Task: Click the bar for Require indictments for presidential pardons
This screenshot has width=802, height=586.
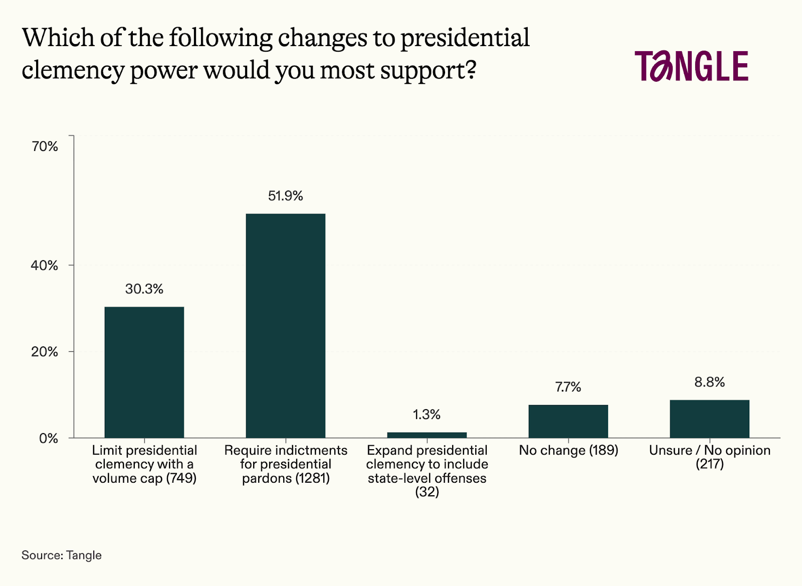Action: (x=285, y=326)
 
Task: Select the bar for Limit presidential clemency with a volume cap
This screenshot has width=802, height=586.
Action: (x=144, y=372)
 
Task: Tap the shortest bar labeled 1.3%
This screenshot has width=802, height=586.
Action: (x=427, y=435)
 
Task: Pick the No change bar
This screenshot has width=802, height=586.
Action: (x=568, y=421)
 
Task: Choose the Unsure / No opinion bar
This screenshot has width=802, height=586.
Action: (x=709, y=419)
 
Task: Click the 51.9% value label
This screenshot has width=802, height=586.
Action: (x=285, y=196)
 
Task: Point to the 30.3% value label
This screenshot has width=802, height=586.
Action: (x=144, y=289)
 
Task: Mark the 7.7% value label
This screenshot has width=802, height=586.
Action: (x=568, y=387)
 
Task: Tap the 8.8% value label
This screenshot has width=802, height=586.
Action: (x=709, y=382)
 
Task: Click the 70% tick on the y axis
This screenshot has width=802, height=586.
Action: (x=45, y=146)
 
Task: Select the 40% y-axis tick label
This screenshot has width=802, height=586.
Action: (x=45, y=266)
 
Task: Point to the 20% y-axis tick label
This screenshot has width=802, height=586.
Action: (x=45, y=352)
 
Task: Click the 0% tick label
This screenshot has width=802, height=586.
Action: (x=49, y=439)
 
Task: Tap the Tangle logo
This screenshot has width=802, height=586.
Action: (x=691, y=66)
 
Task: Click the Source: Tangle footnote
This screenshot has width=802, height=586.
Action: (x=61, y=555)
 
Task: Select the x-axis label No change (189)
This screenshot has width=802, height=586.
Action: (x=568, y=450)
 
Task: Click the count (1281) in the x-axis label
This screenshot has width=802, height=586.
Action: (x=312, y=478)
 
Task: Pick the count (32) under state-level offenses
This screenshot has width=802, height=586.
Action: (x=427, y=492)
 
